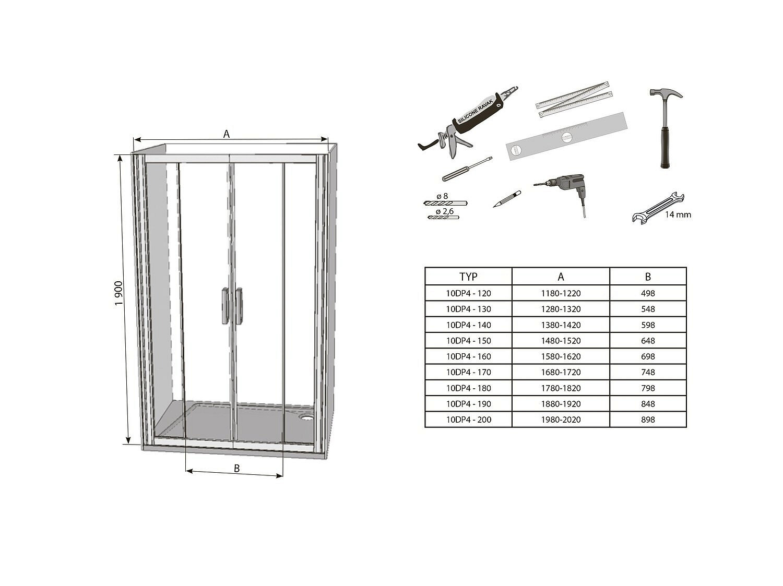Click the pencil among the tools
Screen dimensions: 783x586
[506, 199]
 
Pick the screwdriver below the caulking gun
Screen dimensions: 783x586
[466, 169]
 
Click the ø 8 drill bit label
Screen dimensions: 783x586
[442, 197]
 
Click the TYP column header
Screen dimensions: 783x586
[468, 277]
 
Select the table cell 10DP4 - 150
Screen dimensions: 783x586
[468, 341]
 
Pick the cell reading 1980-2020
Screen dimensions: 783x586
[561, 420]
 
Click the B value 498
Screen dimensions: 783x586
[648, 293]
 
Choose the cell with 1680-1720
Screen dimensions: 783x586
[561, 372]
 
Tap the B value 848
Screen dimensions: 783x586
[648, 404]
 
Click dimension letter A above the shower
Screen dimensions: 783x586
[227, 134]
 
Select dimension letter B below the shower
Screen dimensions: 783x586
[236, 469]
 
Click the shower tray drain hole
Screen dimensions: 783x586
[306, 417]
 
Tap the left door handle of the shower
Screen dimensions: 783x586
[225, 306]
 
